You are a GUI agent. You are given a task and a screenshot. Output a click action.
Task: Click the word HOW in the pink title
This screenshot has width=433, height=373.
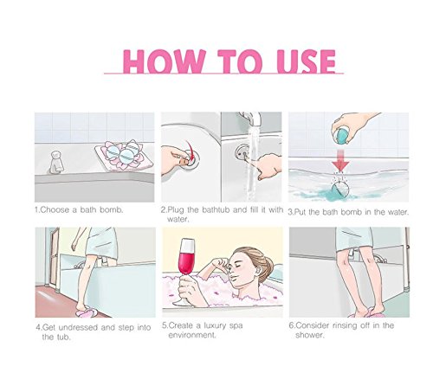tap(164, 61)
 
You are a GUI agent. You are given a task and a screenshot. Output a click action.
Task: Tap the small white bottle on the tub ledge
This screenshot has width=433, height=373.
tap(56, 162)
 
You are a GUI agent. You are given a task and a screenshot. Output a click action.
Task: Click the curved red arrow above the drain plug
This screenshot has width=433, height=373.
tap(189, 150)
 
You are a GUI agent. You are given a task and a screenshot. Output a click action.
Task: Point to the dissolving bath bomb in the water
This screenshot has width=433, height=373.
tap(340, 190)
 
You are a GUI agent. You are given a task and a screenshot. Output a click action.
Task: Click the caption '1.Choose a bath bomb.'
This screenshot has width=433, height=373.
tap(79, 209)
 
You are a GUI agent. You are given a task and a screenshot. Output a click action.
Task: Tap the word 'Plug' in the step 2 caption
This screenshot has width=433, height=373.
tap(176, 210)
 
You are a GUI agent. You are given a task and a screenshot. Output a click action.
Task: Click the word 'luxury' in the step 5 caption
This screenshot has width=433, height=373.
tap(215, 325)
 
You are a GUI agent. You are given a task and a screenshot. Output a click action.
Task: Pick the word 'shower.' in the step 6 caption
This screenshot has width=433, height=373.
tap(310, 335)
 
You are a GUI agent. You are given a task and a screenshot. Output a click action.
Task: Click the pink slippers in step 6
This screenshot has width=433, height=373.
tap(366, 313)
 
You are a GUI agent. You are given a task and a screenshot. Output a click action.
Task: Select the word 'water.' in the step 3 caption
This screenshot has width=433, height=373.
tap(398, 212)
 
